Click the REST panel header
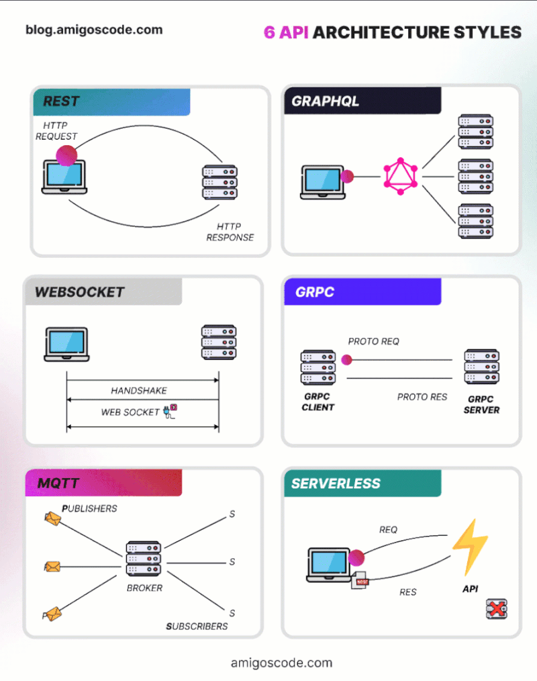point(111,102)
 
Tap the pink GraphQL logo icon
point(401,177)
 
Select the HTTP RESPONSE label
point(230,232)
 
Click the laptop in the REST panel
point(64,177)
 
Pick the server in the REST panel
point(219,182)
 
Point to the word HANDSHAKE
point(139,390)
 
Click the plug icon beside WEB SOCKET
point(170,411)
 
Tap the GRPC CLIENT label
point(318,402)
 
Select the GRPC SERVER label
point(481,404)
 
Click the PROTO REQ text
point(374,341)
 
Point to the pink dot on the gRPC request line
point(346,359)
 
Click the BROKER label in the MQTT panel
point(144,588)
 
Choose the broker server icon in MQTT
point(144,559)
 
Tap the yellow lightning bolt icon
point(470,547)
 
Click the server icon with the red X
point(497,609)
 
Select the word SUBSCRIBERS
point(197,627)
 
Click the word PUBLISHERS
point(89,508)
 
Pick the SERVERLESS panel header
point(362,484)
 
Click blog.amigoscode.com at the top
point(94,30)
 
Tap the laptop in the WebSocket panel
point(66,344)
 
